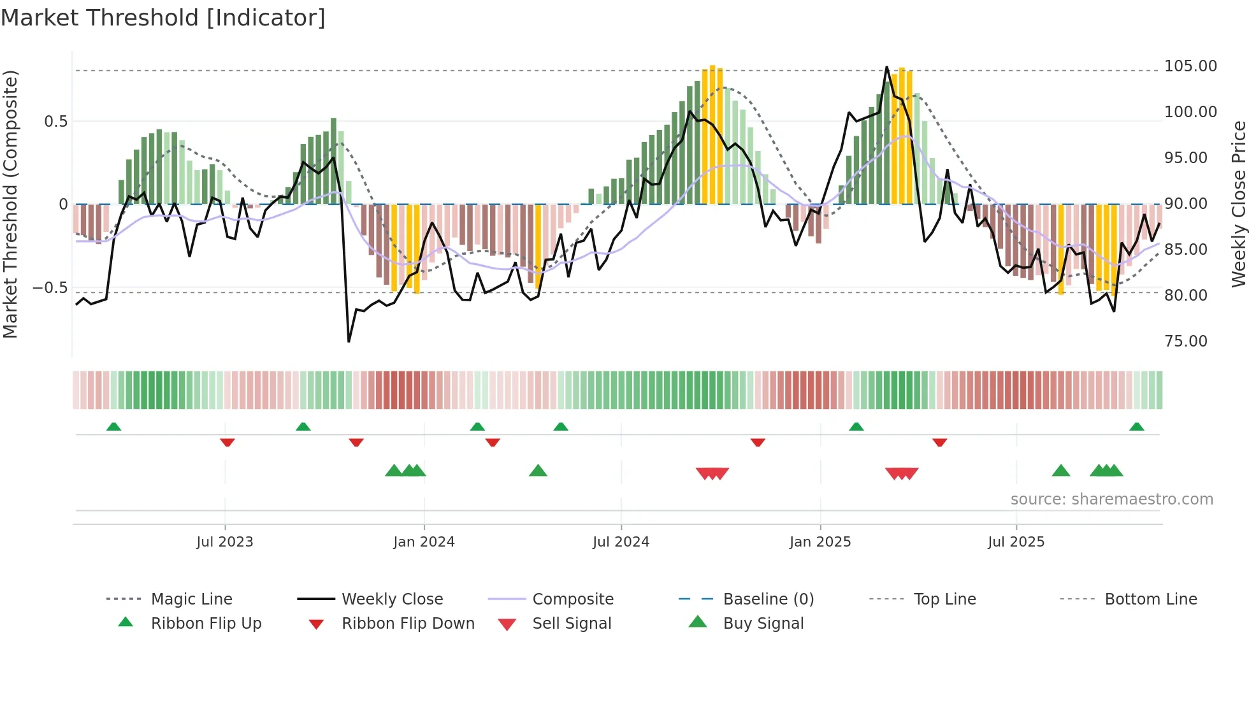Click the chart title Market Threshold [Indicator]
(x=163, y=18)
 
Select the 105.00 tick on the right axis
(x=1190, y=66)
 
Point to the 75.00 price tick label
(x=1185, y=341)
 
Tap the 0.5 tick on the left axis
(x=55, y=122)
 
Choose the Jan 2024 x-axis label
(x=424, y=542)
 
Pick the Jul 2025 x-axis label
(x=1016, y=542)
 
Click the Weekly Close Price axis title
(x=1238, y=204)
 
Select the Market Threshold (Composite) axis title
(x=10, y=204)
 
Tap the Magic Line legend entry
(x=191, y=599)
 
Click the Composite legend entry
(x=572, y=599)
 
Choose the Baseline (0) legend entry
(x=768, y=599)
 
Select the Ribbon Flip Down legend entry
(x=408, y=624)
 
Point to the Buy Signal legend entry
(x=763, y=624)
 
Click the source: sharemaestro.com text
(x=1111, y=499)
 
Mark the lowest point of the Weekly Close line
(x=349, y=341)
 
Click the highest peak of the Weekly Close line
(x=886, y=67)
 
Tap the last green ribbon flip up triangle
(x=1136, y=427)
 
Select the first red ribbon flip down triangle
(x=227, y=442)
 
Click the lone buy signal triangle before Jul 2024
(x=538, y=471)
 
